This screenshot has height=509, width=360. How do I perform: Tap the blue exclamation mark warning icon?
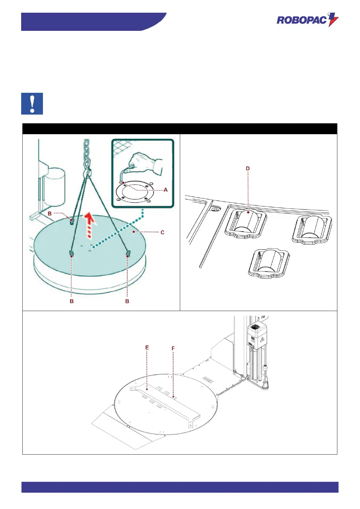32,104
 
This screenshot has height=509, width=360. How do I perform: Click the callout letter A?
166,190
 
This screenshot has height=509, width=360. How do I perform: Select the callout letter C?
162,232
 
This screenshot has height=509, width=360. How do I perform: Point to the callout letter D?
248,168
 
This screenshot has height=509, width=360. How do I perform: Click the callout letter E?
147,348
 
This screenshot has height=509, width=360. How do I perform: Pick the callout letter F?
173,349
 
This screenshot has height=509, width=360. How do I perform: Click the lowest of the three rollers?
269,261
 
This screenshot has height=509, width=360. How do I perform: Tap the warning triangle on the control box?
262,339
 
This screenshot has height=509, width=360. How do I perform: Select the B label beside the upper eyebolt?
50,213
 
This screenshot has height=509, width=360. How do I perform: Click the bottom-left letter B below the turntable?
72,301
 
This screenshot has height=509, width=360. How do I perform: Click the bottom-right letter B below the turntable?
127,301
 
